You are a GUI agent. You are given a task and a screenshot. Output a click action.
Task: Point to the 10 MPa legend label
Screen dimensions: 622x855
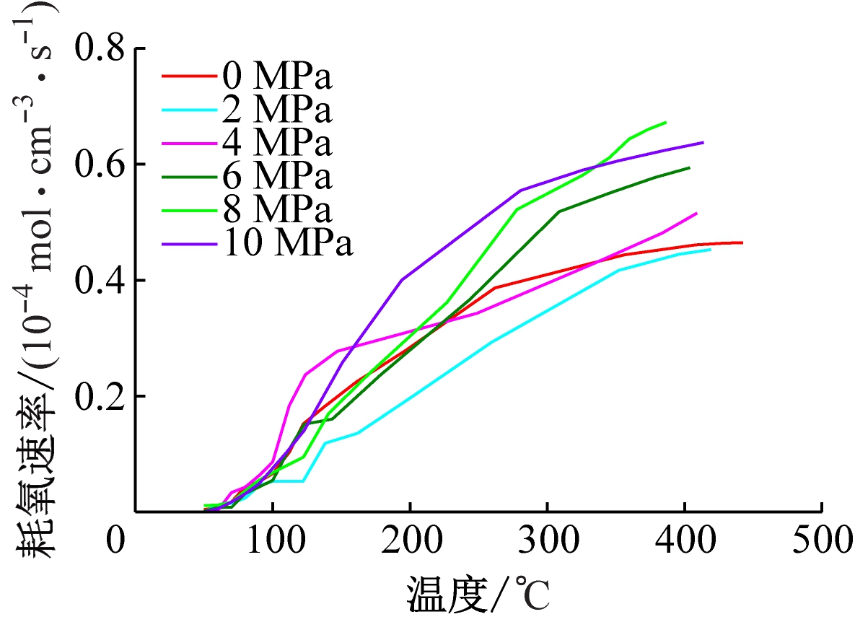[x=288, y=244]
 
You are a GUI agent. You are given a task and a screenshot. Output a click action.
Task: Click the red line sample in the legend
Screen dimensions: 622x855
[x=189, y=75]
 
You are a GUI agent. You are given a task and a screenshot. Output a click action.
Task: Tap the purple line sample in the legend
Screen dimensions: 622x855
[x=189, y=244]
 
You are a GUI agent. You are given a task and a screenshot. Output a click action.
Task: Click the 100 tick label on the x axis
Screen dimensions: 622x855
[x=272, y=543]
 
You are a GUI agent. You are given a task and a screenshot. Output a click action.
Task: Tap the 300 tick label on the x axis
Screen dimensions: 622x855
[x=548, y=543]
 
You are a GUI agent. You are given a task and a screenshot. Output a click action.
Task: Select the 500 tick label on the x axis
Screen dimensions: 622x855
[x=823, y=543]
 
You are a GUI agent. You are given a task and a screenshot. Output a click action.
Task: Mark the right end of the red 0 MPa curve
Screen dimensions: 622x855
[x=742, y=242]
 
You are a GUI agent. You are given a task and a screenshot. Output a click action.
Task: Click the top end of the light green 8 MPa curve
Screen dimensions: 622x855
[x=665, y=123]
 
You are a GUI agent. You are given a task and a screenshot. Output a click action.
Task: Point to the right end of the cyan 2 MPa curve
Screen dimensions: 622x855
[x=710, y=249]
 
